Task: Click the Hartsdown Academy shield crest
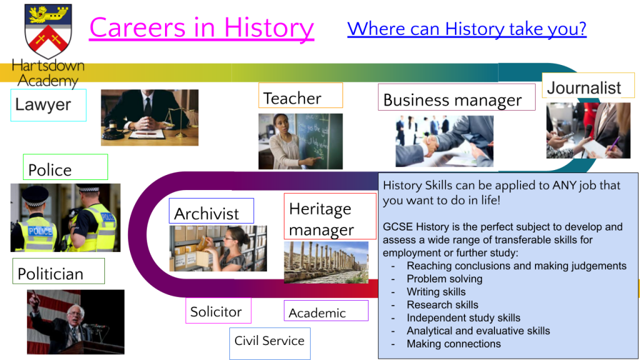(48, 31)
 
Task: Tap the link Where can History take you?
(467, 29)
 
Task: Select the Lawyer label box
(49, 105)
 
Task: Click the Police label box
(65, 167)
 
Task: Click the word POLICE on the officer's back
(40, 231)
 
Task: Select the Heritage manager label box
(330, 216)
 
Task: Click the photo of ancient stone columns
(326, 262)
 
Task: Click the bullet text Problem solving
(444, 279)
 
